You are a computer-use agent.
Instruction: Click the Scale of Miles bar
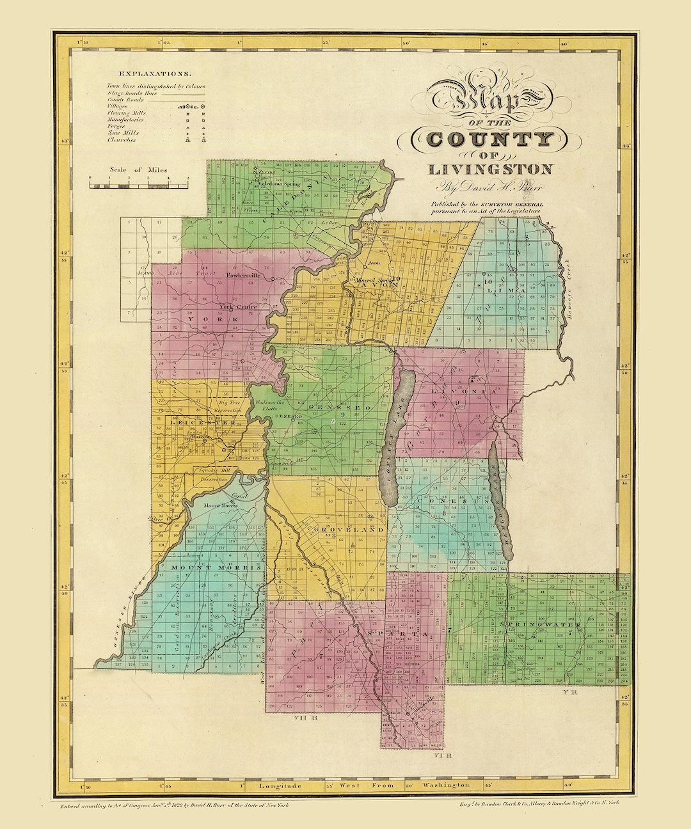tap(139, 186)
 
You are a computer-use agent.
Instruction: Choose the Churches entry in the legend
tap(122, 139)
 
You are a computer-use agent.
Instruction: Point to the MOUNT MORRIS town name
tap(203, 567)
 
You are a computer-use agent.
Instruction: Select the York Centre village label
tap(238, 307)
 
